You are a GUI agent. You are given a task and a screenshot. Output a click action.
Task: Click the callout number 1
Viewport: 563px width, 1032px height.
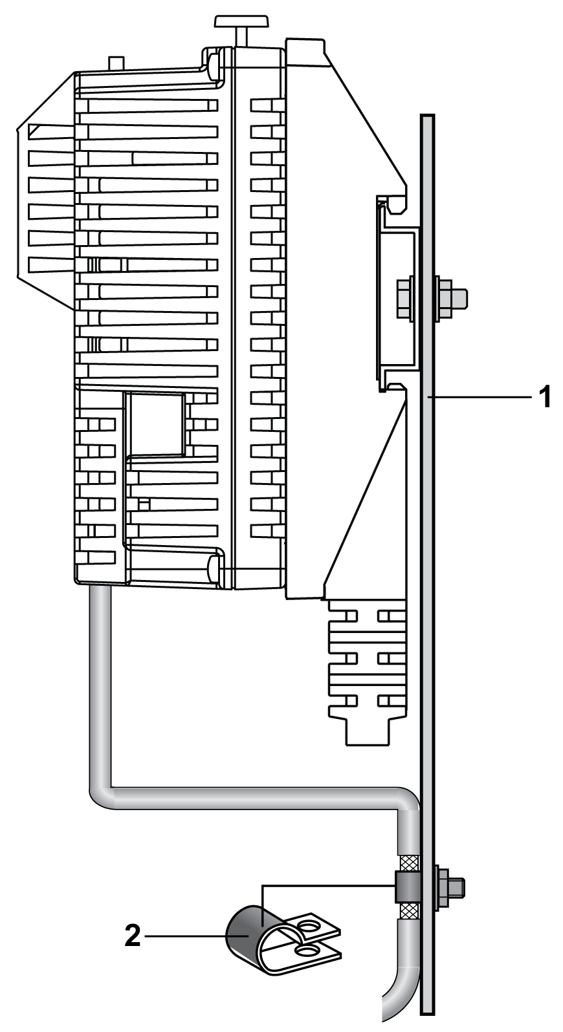pos(545,396)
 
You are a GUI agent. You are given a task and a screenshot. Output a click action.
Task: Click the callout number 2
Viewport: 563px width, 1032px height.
pos(133,936)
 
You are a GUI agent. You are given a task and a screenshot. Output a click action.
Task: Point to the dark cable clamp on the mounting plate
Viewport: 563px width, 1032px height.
pos(408,887)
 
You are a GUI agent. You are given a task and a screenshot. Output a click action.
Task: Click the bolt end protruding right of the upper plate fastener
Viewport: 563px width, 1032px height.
pos(459,297)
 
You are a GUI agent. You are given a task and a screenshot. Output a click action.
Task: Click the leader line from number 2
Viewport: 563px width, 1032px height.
pos(195,936)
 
